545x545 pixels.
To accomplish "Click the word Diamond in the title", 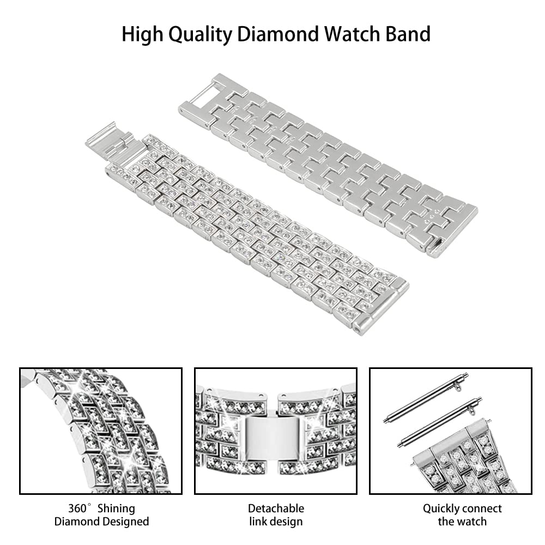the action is point(278,34).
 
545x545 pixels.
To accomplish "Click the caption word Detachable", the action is point(276,508).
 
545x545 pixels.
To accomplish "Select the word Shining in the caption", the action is point(116,509).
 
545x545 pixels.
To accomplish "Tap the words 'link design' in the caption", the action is point(276,522).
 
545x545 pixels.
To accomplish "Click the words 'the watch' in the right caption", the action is point(462,522).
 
